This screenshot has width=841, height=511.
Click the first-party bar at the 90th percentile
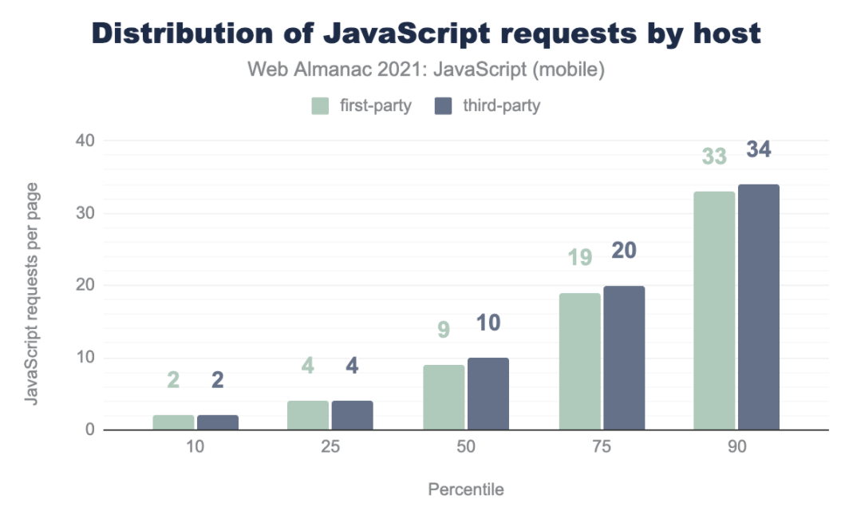tap(714, 311)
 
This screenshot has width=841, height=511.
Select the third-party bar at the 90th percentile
tap(758, 307)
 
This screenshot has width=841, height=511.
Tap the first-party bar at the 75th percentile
tap(579, 362)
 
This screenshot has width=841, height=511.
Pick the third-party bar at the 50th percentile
tap(488, 394)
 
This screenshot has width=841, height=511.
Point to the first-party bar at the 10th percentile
tap(173, 422)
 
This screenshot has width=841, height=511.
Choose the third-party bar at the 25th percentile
tap(352, 415)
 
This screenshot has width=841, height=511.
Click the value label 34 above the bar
tap(758, 149)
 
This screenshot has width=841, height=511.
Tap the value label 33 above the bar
tap(714, 156)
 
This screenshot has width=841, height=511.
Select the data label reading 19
tap(579, 258)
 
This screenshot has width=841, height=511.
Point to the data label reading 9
tap(444, 330)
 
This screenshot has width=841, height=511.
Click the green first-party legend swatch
tap(320, 105)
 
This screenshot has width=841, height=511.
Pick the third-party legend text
tap(501, 105)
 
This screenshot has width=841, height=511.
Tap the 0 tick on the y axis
tap(89, 430)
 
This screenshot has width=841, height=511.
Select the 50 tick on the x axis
tap(466, 447)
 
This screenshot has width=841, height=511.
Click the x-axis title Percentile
tap(466, 489)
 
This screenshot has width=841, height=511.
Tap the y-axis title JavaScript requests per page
tap(33, 294)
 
